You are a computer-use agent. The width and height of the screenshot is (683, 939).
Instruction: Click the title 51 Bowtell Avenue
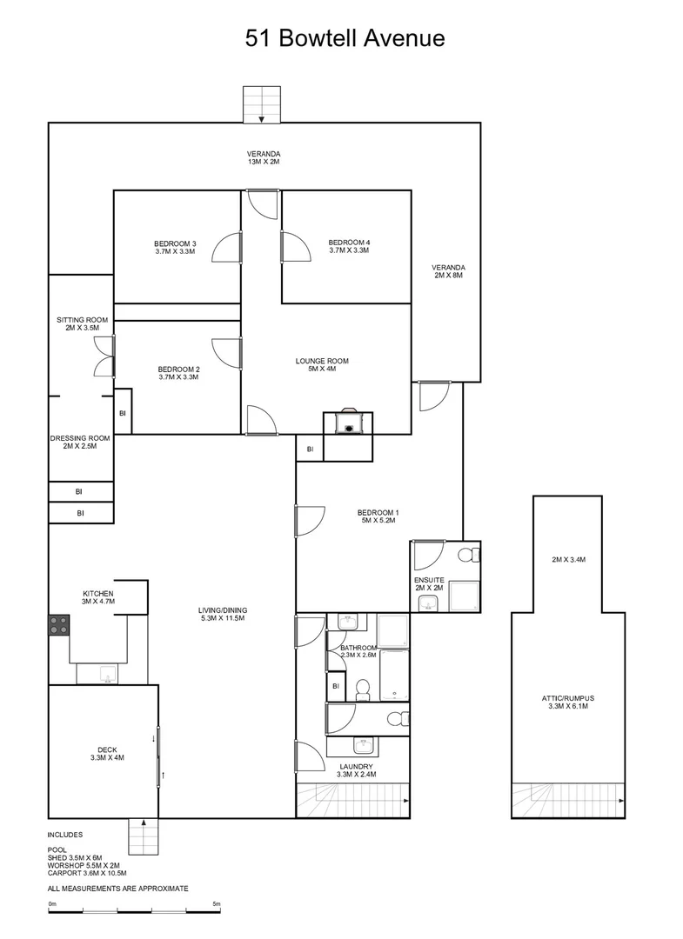point(345,38)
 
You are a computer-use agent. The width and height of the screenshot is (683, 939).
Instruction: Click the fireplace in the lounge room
point(348,422)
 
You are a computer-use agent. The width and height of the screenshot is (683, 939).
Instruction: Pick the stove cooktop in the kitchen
point(58,625)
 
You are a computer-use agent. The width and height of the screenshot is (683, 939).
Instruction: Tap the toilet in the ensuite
point(466,555)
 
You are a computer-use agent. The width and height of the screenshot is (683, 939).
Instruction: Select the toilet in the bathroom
point(363,689)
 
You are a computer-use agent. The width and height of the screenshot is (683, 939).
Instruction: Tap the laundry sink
point(363,745)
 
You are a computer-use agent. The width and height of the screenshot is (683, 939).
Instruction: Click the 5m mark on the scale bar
point(216,905)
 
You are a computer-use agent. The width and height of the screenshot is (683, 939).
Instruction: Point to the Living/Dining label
point(221,614)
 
